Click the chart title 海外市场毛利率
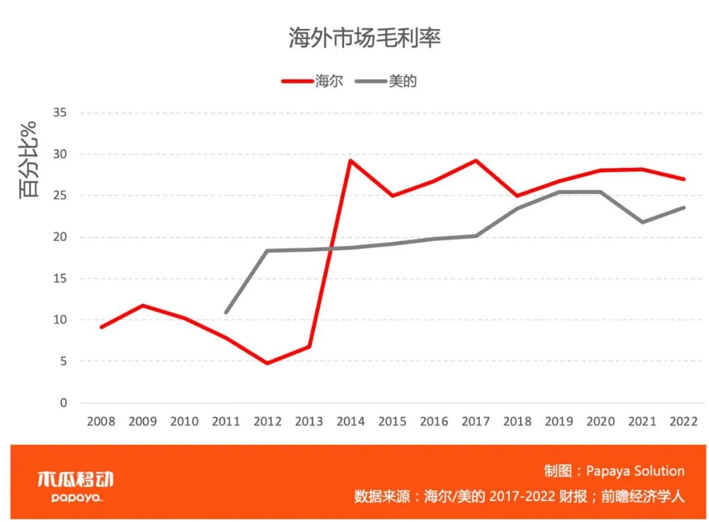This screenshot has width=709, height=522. coord(364,38)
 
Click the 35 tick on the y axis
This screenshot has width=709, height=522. coord(60,113)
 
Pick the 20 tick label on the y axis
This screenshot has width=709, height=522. coord(60,237)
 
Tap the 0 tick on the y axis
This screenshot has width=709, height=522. coord(64,403)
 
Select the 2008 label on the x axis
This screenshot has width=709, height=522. coord(101,422)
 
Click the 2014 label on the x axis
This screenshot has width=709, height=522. coord(351,422)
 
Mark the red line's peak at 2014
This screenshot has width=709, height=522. coord(351,160)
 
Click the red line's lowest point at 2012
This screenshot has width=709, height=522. coord(267,363)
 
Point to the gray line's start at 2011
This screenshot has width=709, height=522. coord(226,312)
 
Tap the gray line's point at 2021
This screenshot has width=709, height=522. coord(642,222)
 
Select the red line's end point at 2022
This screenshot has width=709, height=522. coord(684,179)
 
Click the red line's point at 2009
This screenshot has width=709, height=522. coord(142,306)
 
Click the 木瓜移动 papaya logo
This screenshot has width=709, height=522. coord(75,486)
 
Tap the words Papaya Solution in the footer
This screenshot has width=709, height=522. coord(635,471)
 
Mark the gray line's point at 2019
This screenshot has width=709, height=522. coord(559,192)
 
